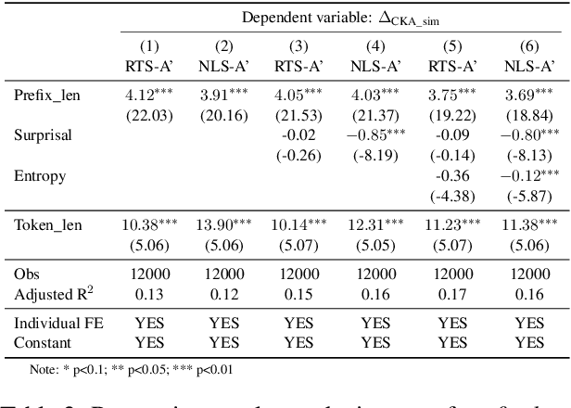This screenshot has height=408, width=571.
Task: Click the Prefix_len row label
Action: click(x=46, y=95)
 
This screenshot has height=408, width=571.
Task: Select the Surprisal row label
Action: click(x=42, y=134)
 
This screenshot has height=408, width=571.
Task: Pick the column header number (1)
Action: click(x=149, y=45)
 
